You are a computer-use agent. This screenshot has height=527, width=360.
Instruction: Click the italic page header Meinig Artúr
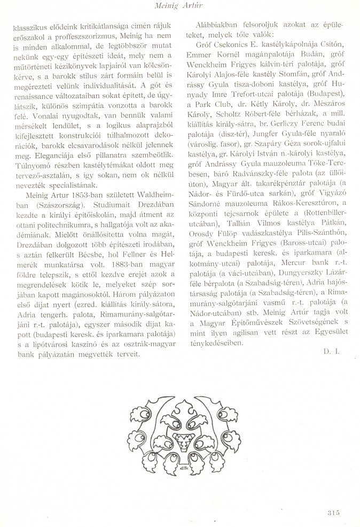[x=179, y=6]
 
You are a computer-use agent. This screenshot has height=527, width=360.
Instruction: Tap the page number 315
[x=332, y=513]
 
